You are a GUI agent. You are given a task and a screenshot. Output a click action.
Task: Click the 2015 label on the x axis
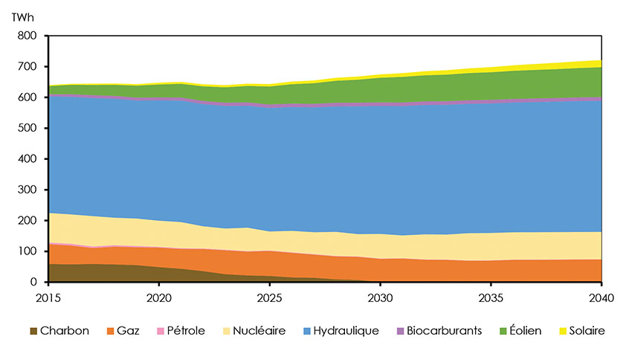click(x=48, y=296)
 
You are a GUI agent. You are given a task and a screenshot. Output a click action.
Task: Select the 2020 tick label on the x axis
click(x=158, y=296)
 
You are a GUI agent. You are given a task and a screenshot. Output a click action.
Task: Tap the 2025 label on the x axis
click(x=269, y=296)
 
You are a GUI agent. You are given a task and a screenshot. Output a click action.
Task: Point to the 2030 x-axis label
click(x=380, y=296)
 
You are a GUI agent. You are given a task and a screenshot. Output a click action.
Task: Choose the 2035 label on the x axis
click(x=491, y=296)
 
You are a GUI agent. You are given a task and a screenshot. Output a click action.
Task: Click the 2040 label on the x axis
click(x=601, y=296)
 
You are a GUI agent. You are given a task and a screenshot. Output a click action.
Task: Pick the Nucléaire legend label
click(x=260, y=330)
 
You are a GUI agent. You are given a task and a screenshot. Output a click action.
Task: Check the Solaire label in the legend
click(x=587, y=330)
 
